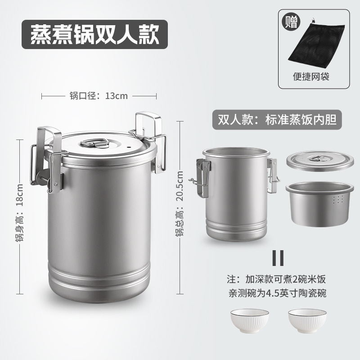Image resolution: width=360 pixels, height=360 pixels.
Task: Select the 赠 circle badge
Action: (290, 22)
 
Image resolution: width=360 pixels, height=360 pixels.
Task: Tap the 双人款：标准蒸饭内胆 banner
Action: (277, 120)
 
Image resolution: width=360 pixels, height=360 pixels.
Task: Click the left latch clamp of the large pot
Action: (49, 166)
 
